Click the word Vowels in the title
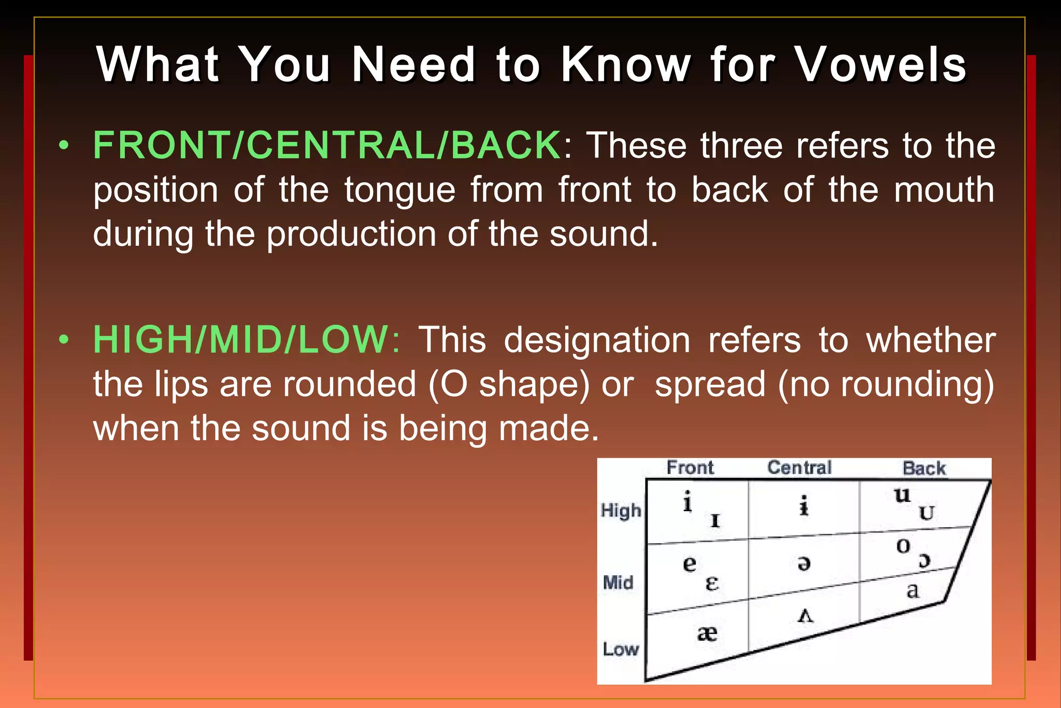880,65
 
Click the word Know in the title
626,65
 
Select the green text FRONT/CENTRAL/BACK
326,145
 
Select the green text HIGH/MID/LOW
241,340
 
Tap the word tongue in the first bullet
400,191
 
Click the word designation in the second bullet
597,341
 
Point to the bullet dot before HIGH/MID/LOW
64,340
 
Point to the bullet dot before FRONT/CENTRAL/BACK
64,146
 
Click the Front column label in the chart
690,468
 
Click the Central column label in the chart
799,468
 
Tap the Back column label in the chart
924,469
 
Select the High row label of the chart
621,511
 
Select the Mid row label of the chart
618,583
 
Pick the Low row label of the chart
620,649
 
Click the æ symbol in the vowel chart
707,633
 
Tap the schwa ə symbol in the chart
804,563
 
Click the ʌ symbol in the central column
806,616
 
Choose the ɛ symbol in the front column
712,584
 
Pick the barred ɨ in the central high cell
804,506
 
